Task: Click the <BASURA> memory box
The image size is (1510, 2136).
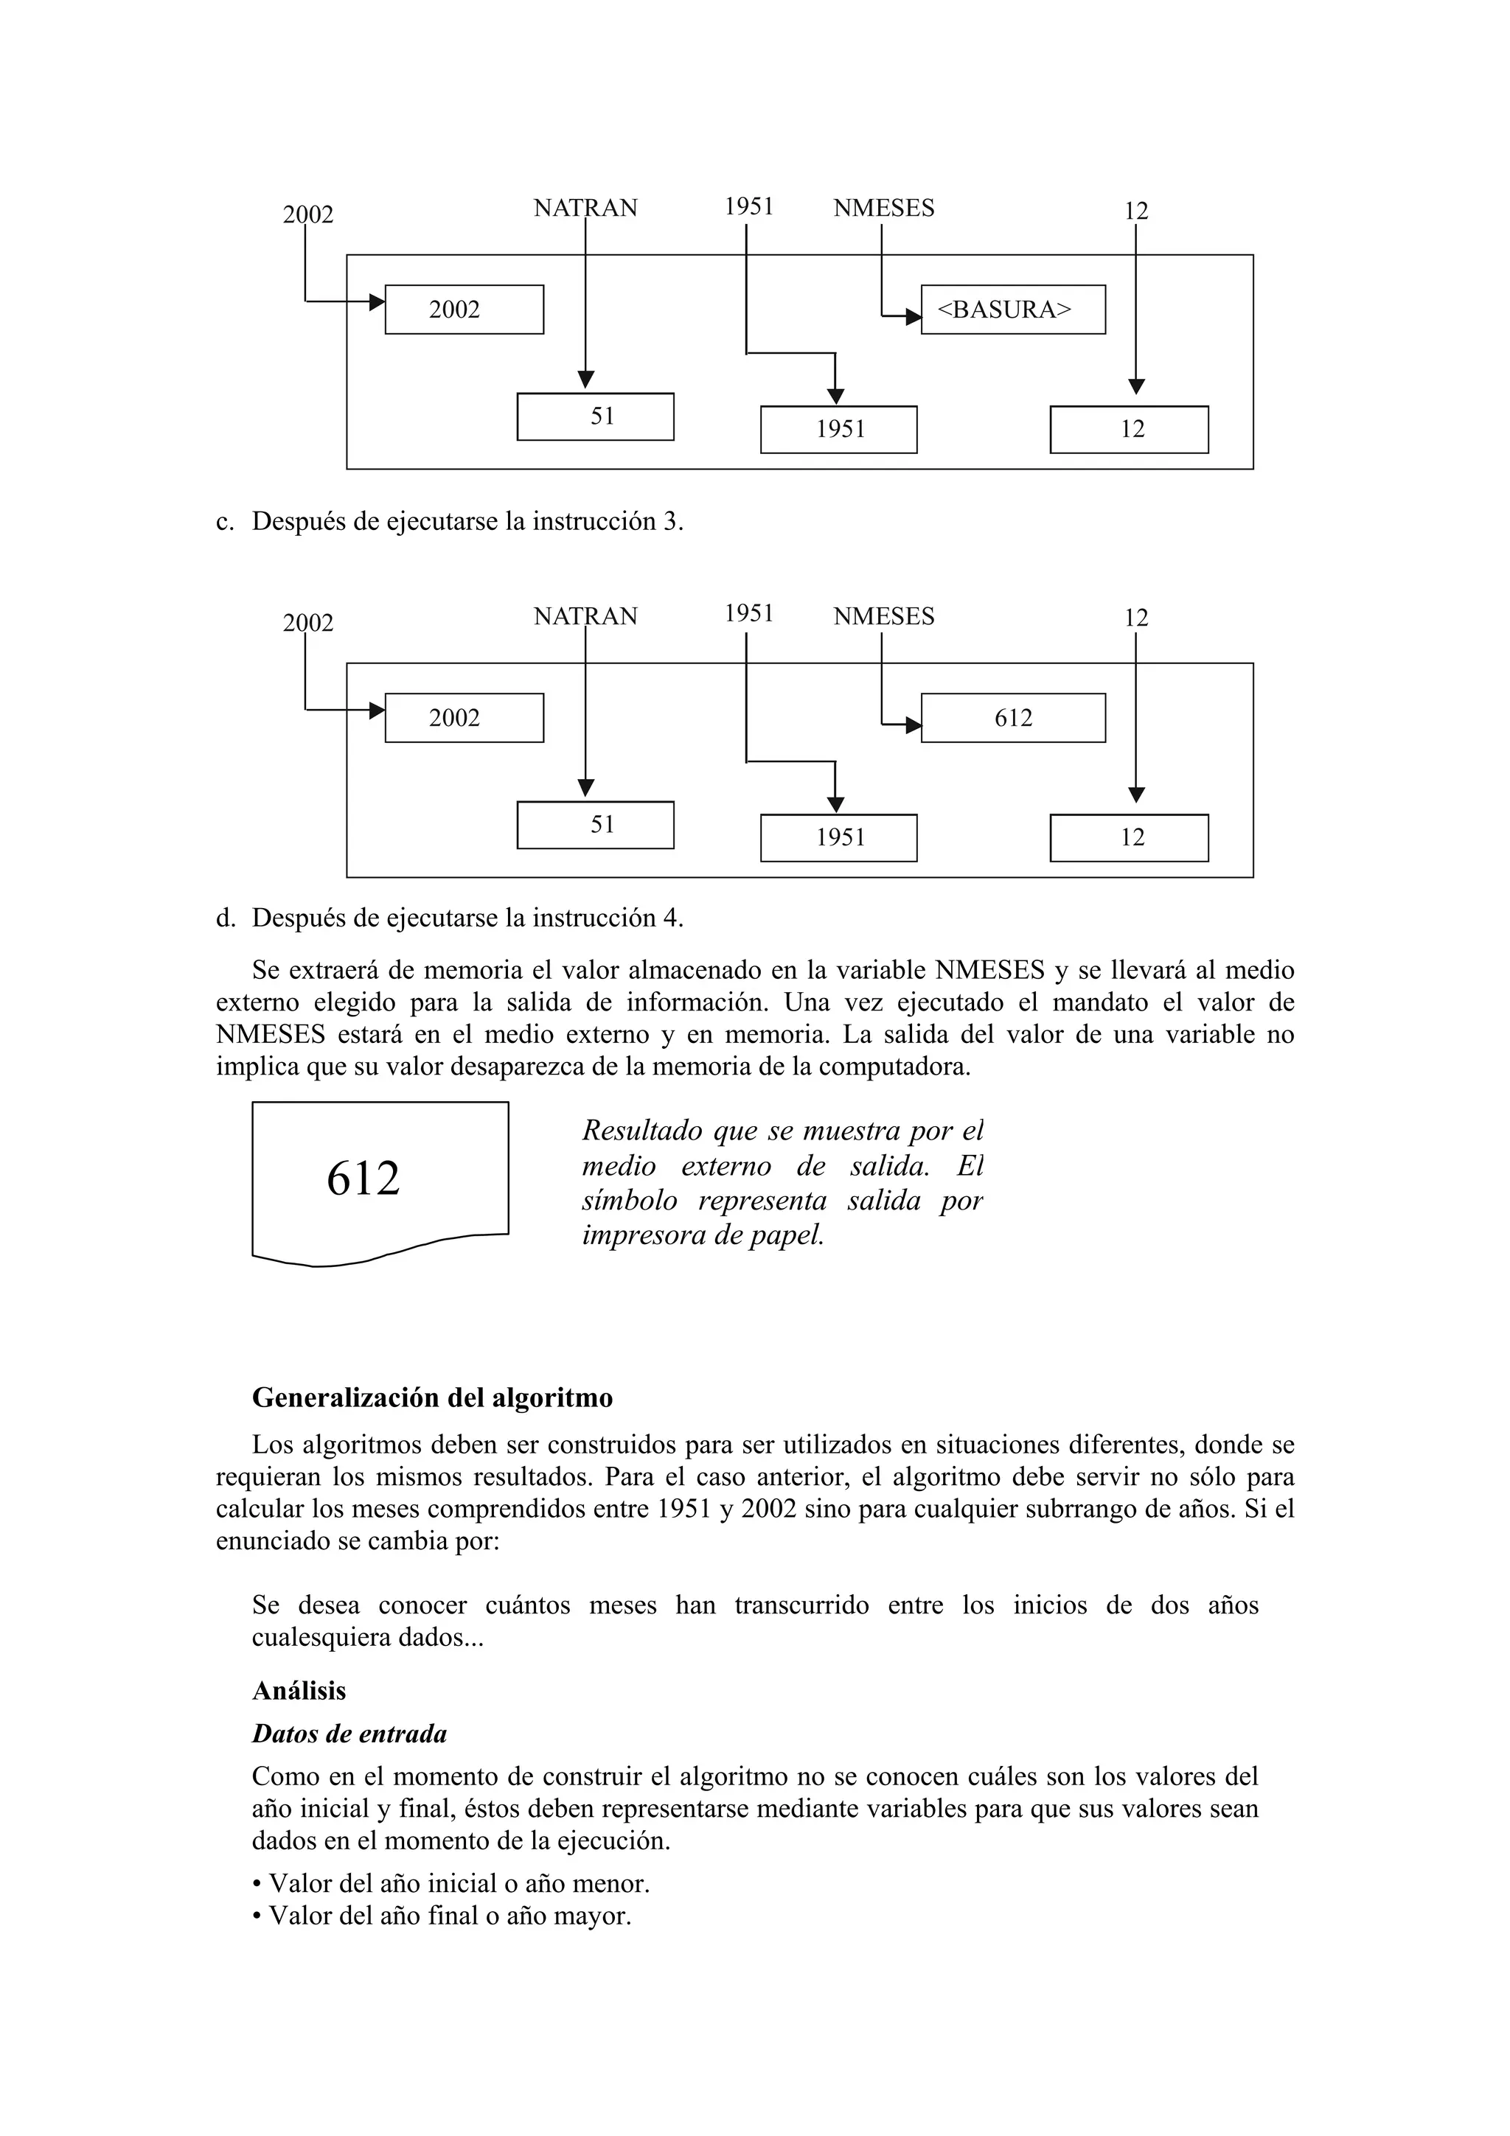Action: [1012, 309]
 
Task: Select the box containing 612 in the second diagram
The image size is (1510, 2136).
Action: [1012, 717]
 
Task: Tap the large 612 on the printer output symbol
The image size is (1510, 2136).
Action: [363, 1178]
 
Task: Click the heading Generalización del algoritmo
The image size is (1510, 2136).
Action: [433, 1397]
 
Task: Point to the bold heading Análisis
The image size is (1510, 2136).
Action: [299, 1690]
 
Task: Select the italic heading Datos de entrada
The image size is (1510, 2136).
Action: [349, 1733]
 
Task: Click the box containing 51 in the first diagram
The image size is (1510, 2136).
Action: [596, 416]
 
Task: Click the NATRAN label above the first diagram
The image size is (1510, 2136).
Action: [585, 209]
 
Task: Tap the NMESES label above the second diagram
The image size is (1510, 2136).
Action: [883, 617]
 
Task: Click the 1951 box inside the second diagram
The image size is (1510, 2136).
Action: [838, 837]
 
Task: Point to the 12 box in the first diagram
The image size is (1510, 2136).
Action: [1129, 429]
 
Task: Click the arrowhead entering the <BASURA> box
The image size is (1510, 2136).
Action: [914, 317]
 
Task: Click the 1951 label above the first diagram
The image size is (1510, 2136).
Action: [749, 206]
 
